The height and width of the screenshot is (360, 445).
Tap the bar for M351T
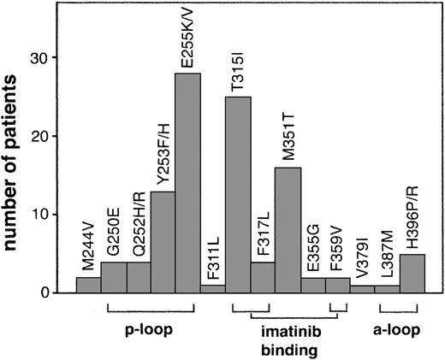[x=288, y=230]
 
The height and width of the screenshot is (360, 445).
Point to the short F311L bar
[x=213, y=289]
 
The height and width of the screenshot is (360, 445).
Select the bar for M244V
[x=88, y=285]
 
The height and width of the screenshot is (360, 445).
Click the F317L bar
[x=263, y=277]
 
